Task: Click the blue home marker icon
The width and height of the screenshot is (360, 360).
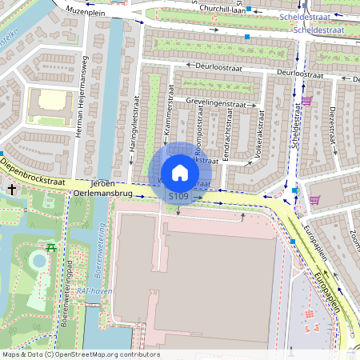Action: [x=180, y=172]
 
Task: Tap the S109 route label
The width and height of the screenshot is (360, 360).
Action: [x=178, y=196]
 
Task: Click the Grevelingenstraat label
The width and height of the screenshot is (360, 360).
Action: [x=215, y=103]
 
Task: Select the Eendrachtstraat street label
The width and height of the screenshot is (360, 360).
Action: [x=228, y=137]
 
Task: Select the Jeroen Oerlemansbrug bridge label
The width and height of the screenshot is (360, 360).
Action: [x=102, y=188]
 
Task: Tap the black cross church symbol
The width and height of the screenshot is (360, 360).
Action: [x=11, y=190]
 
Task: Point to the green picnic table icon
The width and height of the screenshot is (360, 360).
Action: [x=52, y=248]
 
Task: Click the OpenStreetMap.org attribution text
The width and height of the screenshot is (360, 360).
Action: [x=107, y=354]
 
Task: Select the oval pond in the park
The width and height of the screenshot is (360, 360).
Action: [x=37, y=261]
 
